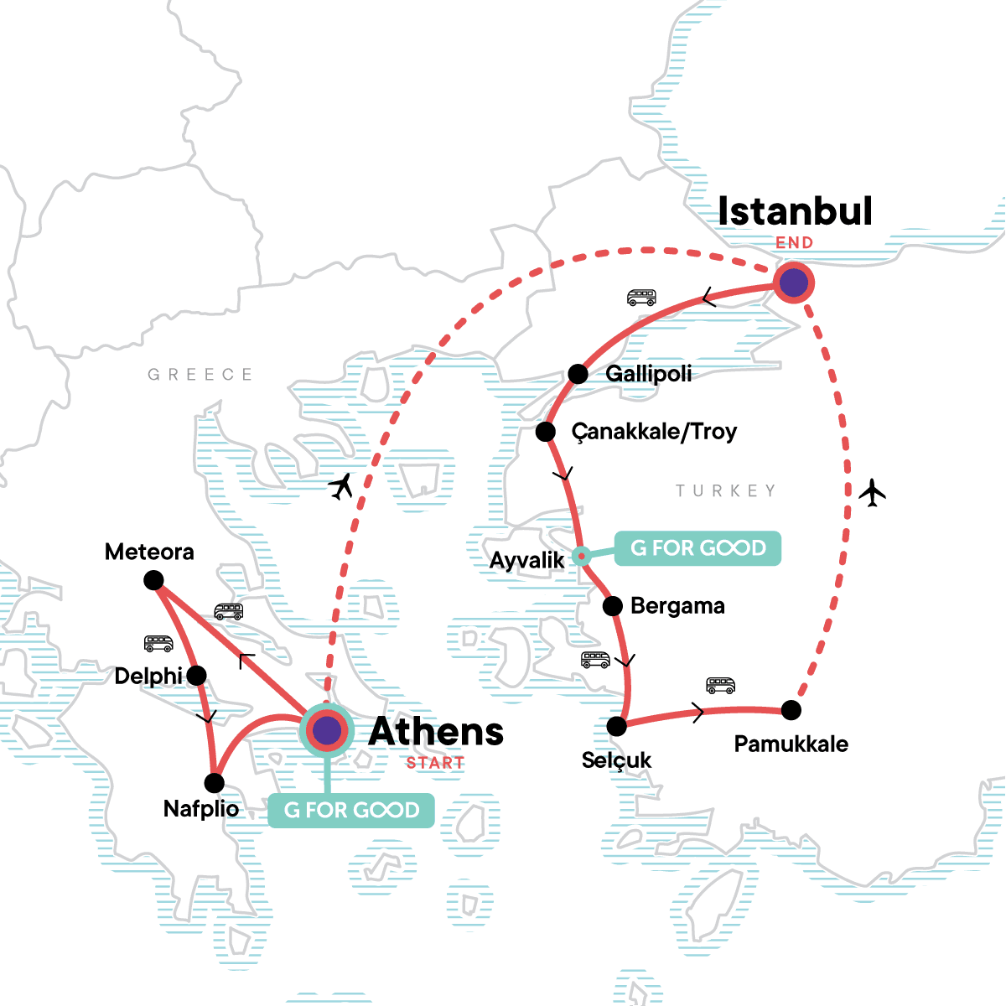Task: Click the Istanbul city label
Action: pyautogui.click(x=795, y=211)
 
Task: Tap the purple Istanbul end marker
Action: pyautogui.click(x=793, y=283)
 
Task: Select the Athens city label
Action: pyautogui.click(x=436, y=732)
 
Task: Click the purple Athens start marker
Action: pyautogui.click(x=327, y=731)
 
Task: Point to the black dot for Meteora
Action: pyautogui.click(x=153, y=580)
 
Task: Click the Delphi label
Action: pyautogui.click(x=148, y=676)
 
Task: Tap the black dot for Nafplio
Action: pyautogui.click(x=215, y=783)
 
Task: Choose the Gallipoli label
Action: pyautogui.click(x=649, y=373)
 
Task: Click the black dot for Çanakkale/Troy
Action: pyautogui.click(x=546, y=432)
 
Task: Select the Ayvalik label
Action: pyautogui.click(x=526, y=559)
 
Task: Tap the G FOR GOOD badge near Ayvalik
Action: pyautogui.click(x=697, y=548)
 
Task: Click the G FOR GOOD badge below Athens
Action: pyautogui.click(x=351, y=810)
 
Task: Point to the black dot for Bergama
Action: pyautogui.click(x=613, y=605)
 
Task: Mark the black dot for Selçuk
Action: pyautogui.click(x=617, y=726)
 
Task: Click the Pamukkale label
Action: pyautogui.click(x=791, y=744)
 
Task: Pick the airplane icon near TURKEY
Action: pyautogui.click(x=873, y=492)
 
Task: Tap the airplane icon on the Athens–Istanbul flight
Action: pyautogui.click(x=341, y=485)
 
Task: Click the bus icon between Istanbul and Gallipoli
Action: pyautogui.click(x=641, y=298)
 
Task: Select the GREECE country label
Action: pyautogui.click(x=200, y=375)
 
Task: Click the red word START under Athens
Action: pyautogui.click(x=435, y=763)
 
